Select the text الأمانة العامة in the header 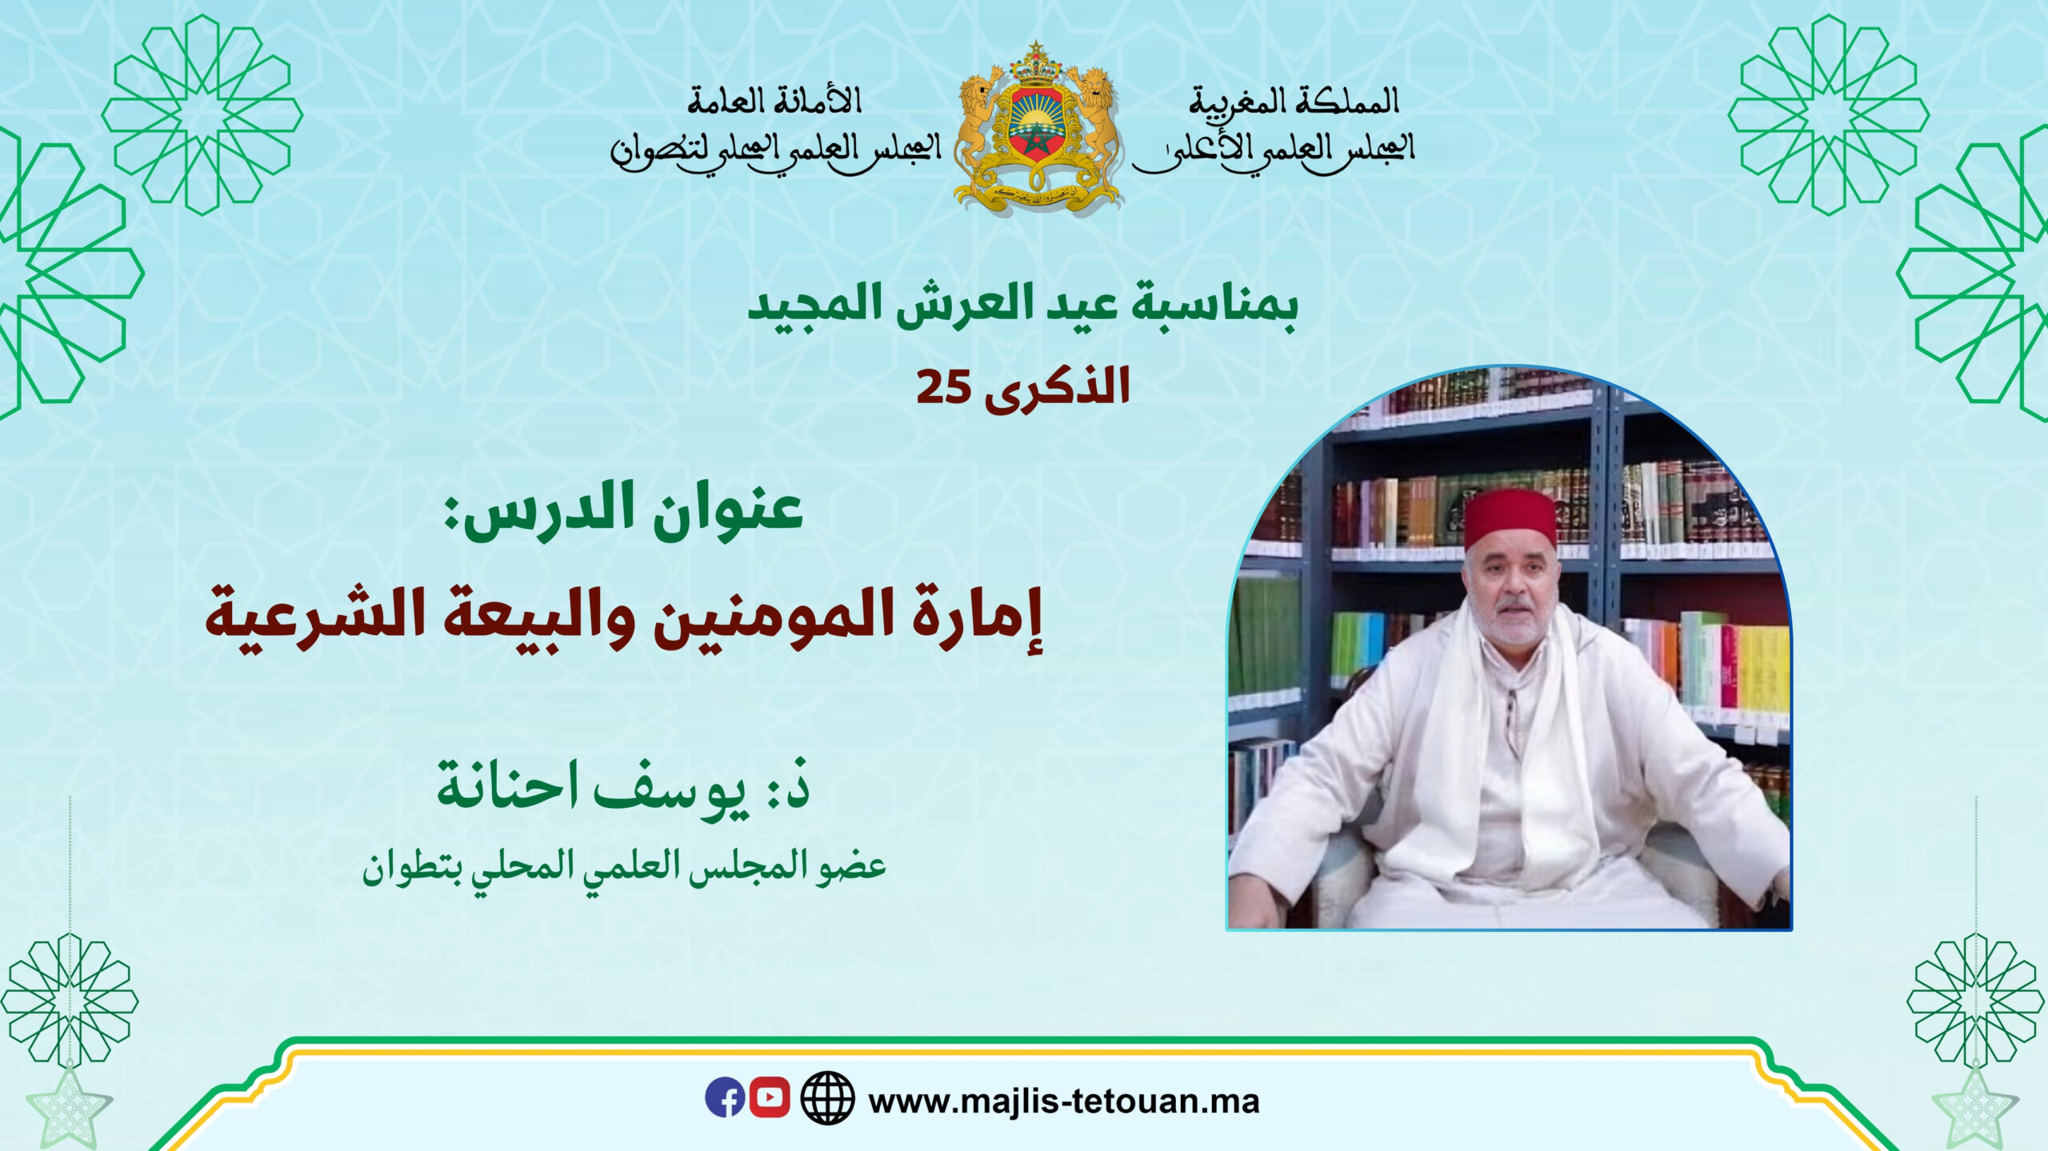[774, 101]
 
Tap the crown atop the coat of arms [1038, 69]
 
